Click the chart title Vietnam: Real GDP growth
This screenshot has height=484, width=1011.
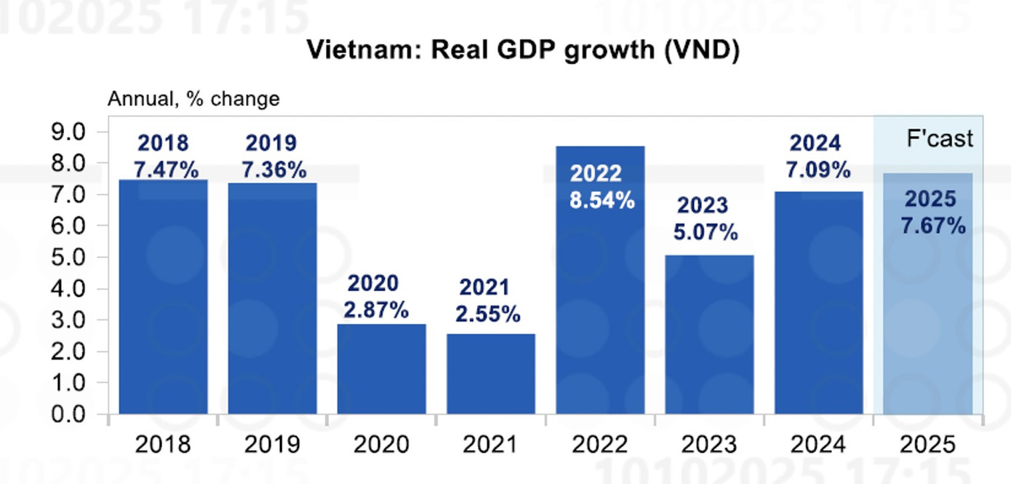(522, 50)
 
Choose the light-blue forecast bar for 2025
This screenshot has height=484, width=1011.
(928, 313)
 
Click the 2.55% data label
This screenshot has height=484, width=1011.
(487, 314)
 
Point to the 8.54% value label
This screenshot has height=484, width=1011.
(602, 200)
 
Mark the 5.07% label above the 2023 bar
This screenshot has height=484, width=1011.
(705, 233)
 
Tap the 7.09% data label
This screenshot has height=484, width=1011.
(818, 170)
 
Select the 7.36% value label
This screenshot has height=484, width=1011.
(273, 170)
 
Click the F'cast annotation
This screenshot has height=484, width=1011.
(939, 139)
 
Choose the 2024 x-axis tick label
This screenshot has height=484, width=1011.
(818, 444)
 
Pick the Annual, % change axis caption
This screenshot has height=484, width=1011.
(193, 99)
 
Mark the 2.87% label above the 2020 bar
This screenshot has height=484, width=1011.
(376, 310)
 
